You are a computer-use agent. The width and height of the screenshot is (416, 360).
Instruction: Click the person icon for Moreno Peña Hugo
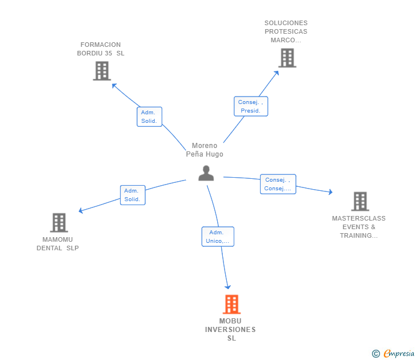pos(206,173)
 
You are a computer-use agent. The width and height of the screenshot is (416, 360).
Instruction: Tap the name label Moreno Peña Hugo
pos(205,150)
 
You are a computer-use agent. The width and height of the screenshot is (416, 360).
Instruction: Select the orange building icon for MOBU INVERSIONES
pos(231,305)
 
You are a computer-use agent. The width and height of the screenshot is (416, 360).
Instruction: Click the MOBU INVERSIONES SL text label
pos(230,330)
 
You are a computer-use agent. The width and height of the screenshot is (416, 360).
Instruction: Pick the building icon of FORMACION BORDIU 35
pos(102,71)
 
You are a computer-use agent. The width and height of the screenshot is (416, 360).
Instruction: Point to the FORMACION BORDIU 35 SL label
pos(101,49)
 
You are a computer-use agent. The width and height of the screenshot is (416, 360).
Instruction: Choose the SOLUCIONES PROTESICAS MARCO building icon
pos(287,58)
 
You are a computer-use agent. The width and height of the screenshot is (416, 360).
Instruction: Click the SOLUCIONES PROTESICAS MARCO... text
pos(286,32)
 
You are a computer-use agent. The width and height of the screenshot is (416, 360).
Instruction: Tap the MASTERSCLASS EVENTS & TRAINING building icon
pos(360,201)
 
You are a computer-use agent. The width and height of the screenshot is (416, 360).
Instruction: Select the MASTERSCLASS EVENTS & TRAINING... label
pos(359,227)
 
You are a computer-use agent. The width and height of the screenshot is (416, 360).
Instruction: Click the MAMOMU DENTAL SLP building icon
pos(59,222)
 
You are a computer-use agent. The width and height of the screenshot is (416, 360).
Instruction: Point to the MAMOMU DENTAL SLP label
pos(58,244)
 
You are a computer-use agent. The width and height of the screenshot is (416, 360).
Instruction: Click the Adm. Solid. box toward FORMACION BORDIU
pos(149,117)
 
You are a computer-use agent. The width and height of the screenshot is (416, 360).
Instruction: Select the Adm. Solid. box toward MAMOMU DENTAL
pos(132,195)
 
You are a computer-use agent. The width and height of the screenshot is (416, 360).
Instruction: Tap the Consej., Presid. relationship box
pos(251,106)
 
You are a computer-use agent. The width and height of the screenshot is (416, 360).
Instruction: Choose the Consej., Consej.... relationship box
pos(278,184)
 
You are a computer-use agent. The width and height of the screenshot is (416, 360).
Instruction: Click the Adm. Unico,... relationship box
pos(217,237)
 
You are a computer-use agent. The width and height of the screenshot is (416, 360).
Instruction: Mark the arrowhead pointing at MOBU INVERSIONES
pos(228,287)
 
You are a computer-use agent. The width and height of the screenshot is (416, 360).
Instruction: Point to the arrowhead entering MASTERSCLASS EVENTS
pos(330,192)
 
